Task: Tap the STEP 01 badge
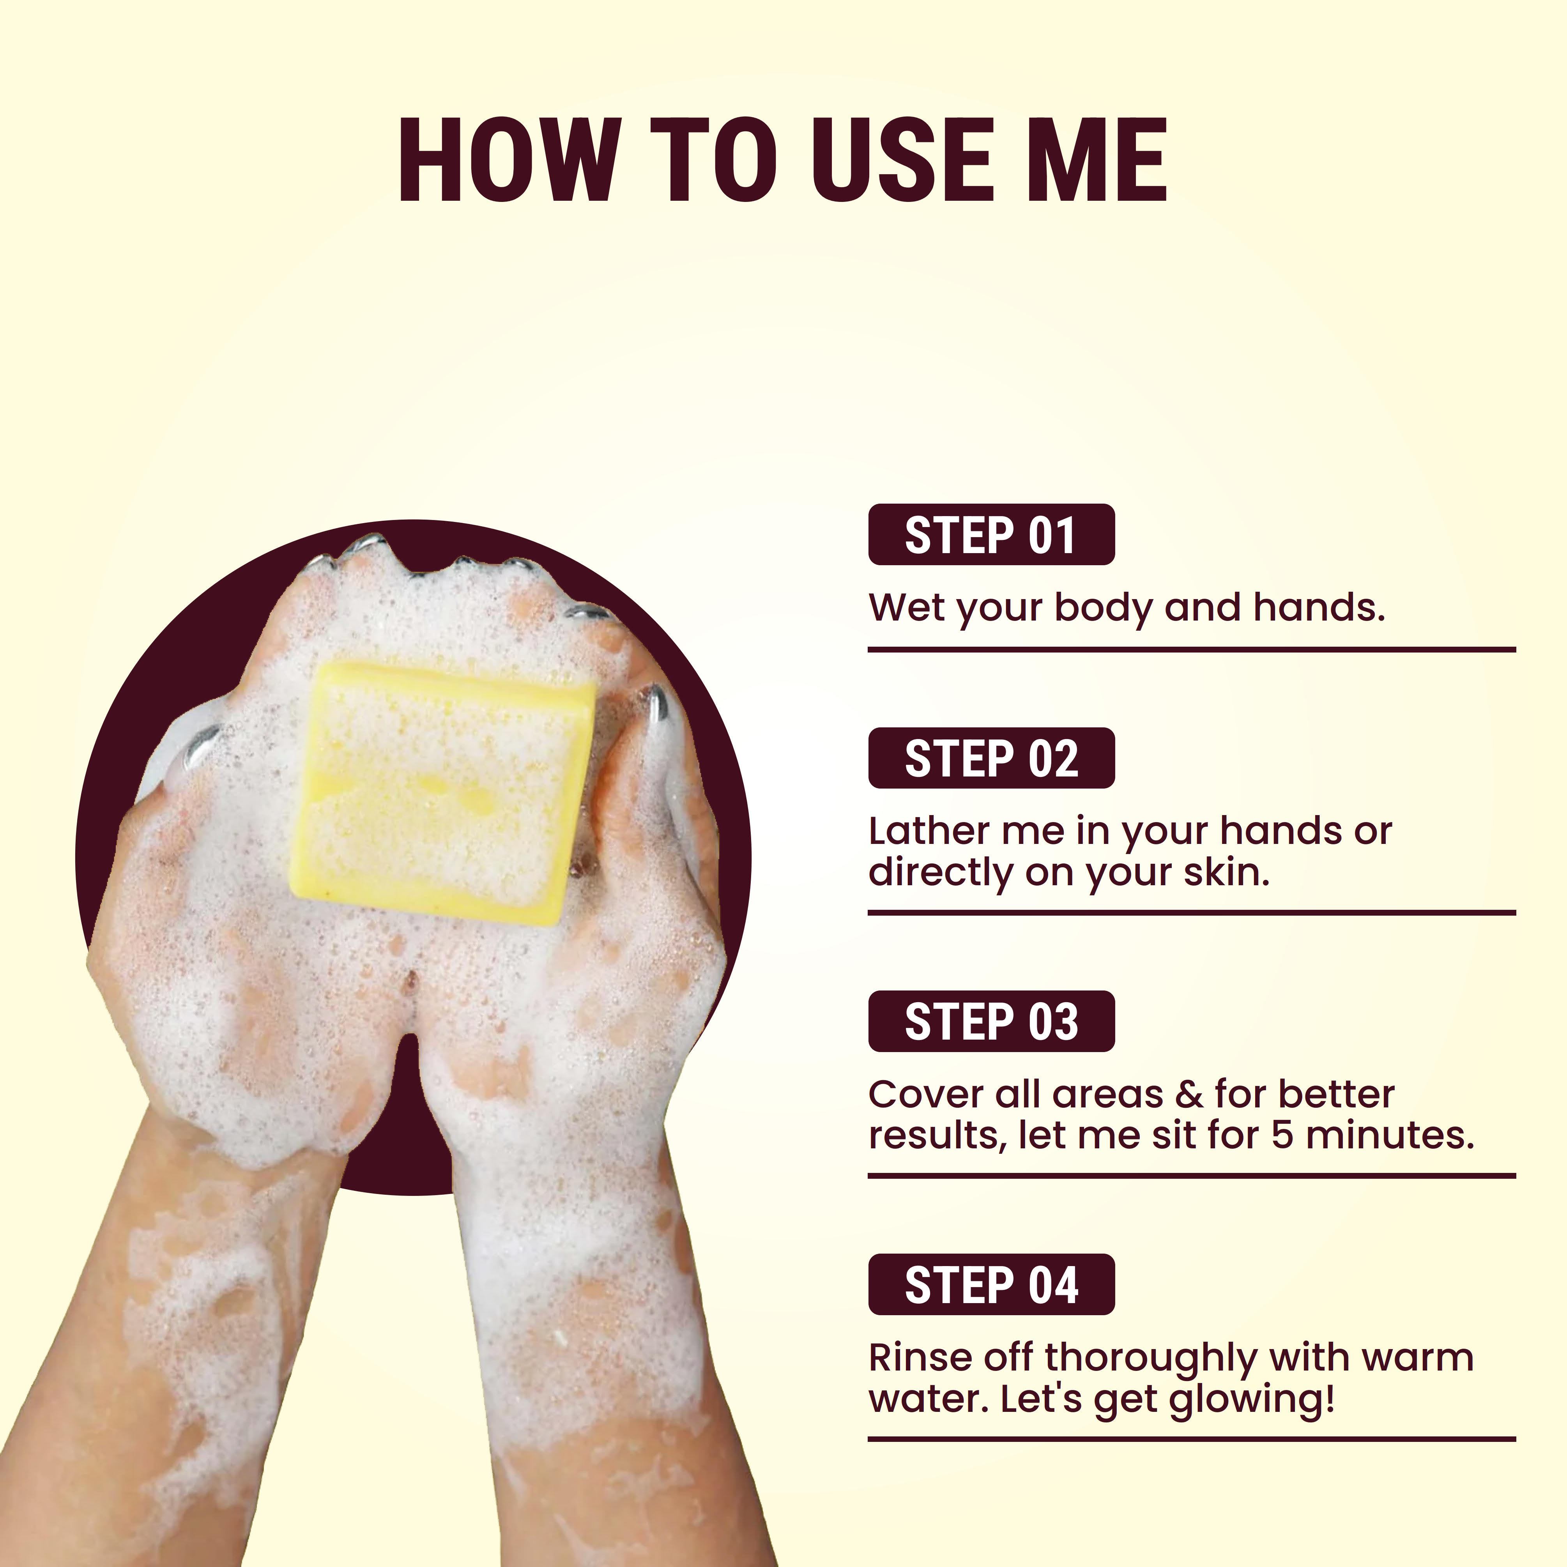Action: point(991,534)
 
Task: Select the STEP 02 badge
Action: point(991,758)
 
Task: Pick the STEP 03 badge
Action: point(991,1021)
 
